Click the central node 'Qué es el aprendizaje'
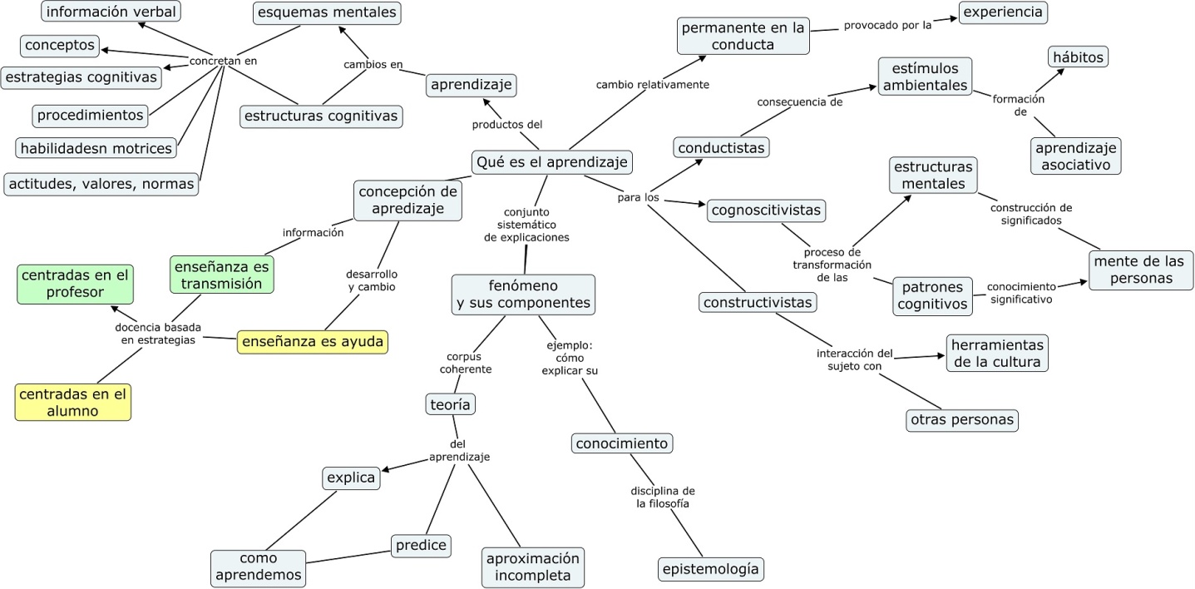551,161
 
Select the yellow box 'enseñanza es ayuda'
313,342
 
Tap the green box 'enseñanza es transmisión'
223,275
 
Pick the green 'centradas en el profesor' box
75,284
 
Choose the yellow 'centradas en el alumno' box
73,403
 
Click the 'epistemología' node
710,569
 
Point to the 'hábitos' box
1078,57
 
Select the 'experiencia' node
1002,12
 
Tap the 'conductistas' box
721,147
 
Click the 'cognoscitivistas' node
767,210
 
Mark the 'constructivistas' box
757,302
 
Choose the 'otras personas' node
962,420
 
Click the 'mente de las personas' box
1141,270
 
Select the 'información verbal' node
111,12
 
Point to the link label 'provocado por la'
887,25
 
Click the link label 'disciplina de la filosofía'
663,497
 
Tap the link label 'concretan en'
223,61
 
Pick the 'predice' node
421,546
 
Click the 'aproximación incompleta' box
532,567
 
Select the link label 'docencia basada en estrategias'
157,333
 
